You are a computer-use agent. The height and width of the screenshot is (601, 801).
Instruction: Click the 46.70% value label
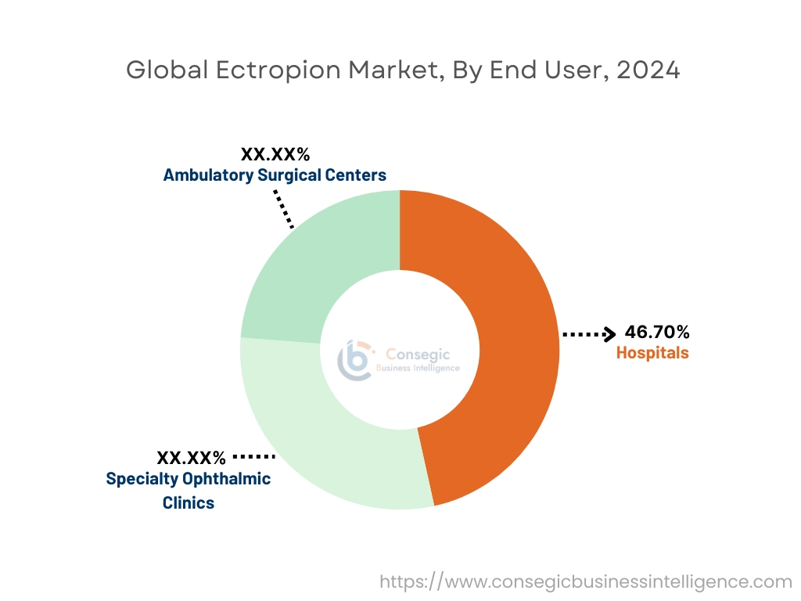coord(657,333)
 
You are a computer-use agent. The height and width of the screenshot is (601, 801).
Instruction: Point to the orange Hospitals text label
coord(652,353)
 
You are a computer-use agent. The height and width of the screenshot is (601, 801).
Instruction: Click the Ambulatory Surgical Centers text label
coord(275,175)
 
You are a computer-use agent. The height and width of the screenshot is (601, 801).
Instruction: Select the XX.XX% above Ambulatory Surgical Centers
coord(275,154)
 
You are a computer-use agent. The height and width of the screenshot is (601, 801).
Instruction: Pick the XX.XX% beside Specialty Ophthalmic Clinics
coord(192,457)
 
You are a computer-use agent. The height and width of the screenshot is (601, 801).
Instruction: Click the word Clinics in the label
coord(189,503)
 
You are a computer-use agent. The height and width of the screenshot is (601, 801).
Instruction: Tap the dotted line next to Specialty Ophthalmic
coord(254,455)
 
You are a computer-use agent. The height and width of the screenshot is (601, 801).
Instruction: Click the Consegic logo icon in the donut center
coord(354,359)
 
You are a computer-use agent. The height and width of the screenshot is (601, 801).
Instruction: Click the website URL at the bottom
coord(586,582)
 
